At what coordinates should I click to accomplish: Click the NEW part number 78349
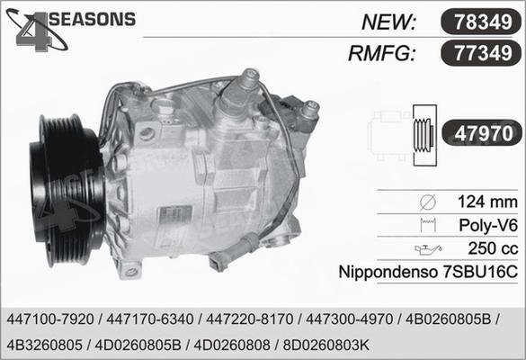483,22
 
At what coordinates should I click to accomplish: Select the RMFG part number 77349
483,53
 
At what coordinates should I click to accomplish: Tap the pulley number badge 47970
484,133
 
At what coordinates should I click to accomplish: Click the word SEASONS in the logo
93,19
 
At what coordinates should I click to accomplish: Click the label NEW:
389,22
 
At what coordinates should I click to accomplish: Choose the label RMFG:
382,53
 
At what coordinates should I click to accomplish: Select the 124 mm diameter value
487,202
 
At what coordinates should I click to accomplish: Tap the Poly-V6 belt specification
488,225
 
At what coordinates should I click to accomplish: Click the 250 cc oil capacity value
493,248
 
